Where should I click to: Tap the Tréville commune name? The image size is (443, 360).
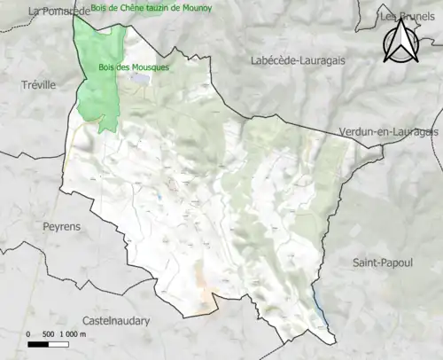click(37, 84)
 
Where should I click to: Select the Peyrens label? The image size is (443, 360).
click(61, 226)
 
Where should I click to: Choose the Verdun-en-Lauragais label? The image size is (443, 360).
click(389, 132)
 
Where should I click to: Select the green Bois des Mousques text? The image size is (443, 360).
click(132, 67)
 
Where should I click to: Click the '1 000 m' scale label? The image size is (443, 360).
click(74, 333)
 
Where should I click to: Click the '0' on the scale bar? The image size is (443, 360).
click(29, 333)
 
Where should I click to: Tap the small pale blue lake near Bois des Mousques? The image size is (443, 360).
click(140, 79)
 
